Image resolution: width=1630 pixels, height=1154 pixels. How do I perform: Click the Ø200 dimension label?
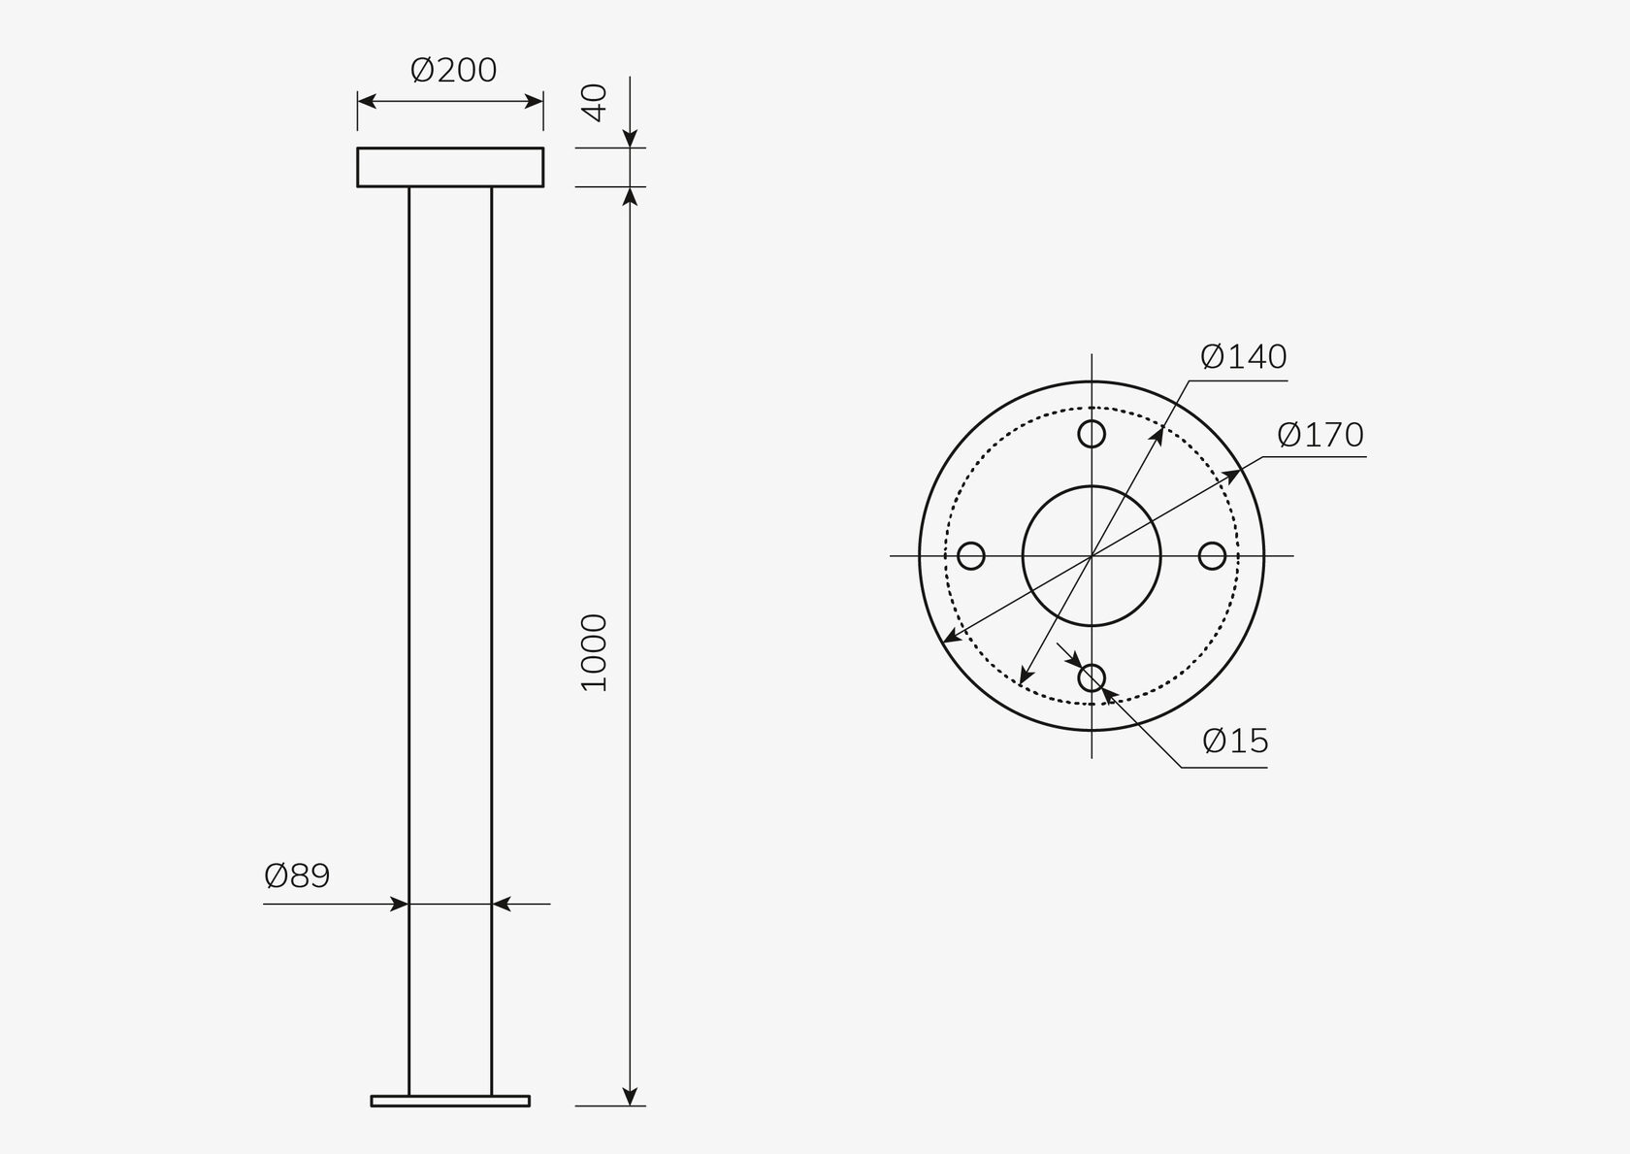coord(453,70)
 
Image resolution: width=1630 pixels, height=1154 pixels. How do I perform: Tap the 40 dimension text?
coord(596,103)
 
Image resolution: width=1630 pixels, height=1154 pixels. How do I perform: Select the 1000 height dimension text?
coord(595,652)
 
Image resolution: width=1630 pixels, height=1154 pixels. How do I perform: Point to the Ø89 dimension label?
coord(297,875)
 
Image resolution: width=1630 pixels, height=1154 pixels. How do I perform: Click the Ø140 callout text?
coord(1244,357)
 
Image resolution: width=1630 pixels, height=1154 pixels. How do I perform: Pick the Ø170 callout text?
coord(1320,435)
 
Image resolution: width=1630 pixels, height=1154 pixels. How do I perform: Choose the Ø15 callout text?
coord(1236,742)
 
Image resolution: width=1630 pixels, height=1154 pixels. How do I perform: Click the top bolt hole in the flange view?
coord(1092,434)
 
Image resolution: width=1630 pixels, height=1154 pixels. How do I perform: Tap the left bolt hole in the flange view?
coord(970,555)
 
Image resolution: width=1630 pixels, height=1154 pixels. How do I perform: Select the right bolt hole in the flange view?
coord(1212,555)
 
